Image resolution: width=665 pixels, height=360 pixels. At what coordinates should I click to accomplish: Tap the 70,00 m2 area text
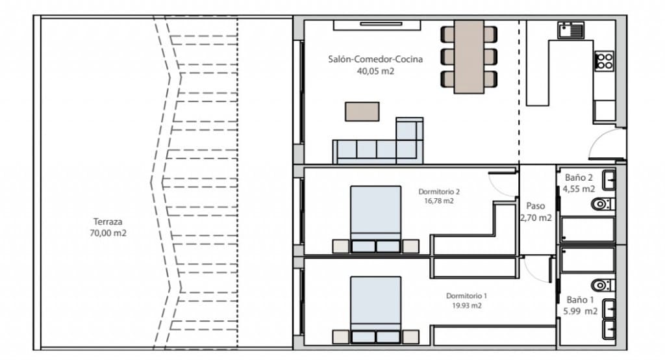pos(108,233)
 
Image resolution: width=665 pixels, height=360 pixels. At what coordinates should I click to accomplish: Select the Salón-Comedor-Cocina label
pos(375,59)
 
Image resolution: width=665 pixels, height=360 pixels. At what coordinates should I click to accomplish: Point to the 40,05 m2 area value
pos(375,71)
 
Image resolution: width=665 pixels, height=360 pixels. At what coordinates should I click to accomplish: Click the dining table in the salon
pos(469,57)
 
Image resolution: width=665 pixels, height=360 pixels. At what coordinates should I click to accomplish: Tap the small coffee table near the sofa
pos(362,111)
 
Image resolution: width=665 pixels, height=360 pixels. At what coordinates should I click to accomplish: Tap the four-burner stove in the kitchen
pos(605,61)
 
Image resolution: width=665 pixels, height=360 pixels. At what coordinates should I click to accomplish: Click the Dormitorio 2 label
pos(439,192)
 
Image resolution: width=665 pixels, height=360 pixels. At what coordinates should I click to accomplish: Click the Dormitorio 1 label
pos(466,296)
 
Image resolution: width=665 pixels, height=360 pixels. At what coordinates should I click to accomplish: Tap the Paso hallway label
pos(536,206)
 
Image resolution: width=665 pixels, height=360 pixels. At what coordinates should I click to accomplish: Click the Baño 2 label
pos(579,177)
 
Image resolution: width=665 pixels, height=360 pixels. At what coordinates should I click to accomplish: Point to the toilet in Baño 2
pos(601,205)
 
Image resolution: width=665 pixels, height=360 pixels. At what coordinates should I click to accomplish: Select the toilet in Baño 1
pos(601,285)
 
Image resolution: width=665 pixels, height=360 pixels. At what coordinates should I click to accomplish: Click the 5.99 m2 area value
pos(581,311)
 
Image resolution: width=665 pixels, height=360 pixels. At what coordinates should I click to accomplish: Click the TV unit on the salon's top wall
pos(378,25)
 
